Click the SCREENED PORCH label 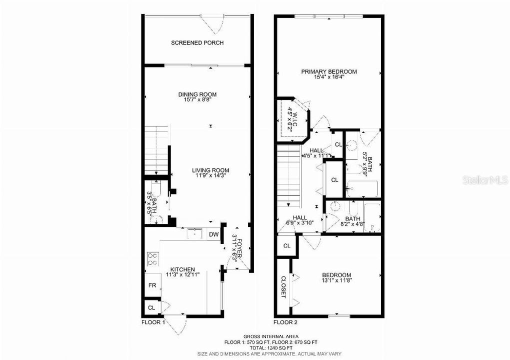[x=197, y=43]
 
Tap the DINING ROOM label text [x=197, y=94]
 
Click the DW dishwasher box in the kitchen [x=213, y=234]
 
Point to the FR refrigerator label [x=151, y=285]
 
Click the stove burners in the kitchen [x=152, y=258]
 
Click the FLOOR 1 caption [x=153, y=322]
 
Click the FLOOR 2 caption [x=285, y=322]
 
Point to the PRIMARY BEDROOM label [x=328, y=71]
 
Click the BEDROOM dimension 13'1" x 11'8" [x=336, y=280]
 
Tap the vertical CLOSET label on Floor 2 [x=283, y=287]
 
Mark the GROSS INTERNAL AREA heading [x=270, y=336]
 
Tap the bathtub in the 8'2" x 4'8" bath [x=372, y=218]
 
